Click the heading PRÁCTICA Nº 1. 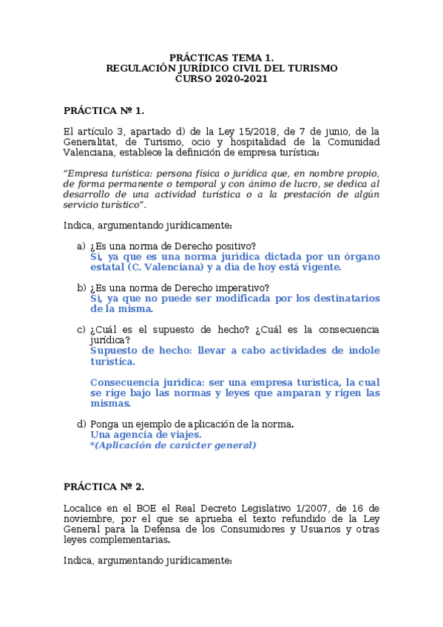point(104,110)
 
